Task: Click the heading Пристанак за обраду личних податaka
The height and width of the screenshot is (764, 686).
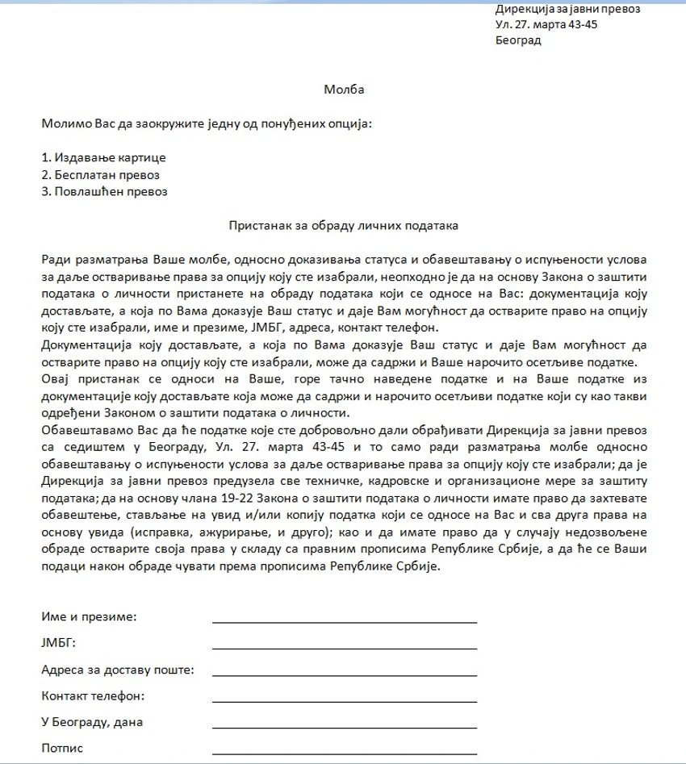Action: click(x=344, y=226)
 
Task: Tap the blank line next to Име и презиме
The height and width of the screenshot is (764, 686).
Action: click(x=344, y=621)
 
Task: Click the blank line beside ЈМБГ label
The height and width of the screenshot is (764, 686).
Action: click(x=344, y=647)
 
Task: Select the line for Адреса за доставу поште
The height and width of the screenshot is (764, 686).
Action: click(x=344, y=674)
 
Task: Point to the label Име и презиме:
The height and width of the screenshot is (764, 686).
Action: click(x=89, y=617)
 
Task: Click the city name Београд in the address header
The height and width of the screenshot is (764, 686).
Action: click(x=518, y=40)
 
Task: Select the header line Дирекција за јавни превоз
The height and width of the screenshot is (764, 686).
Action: click(x=567, y=9)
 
